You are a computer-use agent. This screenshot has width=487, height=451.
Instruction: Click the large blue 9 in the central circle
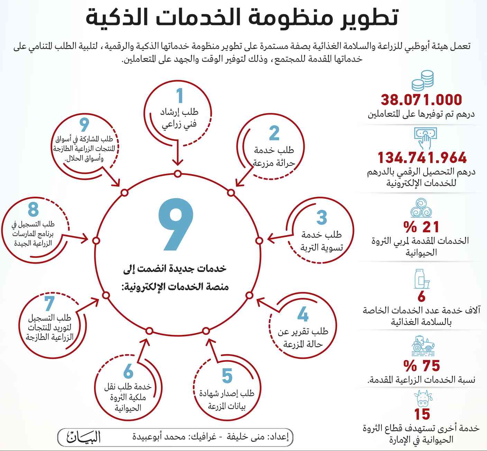tap(175, 224)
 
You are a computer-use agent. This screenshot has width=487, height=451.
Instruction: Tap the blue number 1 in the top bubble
tap(179, 96)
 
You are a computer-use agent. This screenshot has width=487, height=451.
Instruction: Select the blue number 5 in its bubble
tap(227, 376)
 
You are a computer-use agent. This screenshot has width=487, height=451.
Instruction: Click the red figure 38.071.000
tap(421, 100)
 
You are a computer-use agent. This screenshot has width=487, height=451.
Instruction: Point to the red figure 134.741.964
tap(422, 158)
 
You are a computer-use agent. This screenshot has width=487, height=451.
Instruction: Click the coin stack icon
tap(423, 81)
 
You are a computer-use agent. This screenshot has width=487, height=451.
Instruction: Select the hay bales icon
tap(421, 207)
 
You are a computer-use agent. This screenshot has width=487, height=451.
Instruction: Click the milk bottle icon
tap(422, 279)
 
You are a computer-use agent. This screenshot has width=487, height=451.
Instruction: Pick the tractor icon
tap(423, 345)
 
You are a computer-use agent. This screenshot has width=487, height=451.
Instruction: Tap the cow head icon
tap(423, 398)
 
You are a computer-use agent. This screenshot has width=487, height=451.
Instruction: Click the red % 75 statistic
tap(422, 366)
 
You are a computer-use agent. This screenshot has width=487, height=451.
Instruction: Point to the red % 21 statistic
tap(421, 227)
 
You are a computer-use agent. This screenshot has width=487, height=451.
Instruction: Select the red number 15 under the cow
tap(422, 414)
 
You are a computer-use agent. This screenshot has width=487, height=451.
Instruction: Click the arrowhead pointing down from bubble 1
tap(177, 162)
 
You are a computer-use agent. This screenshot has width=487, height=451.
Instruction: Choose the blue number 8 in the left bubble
tap(33, 209)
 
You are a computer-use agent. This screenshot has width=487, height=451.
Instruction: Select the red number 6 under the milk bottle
tap(421, 297)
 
